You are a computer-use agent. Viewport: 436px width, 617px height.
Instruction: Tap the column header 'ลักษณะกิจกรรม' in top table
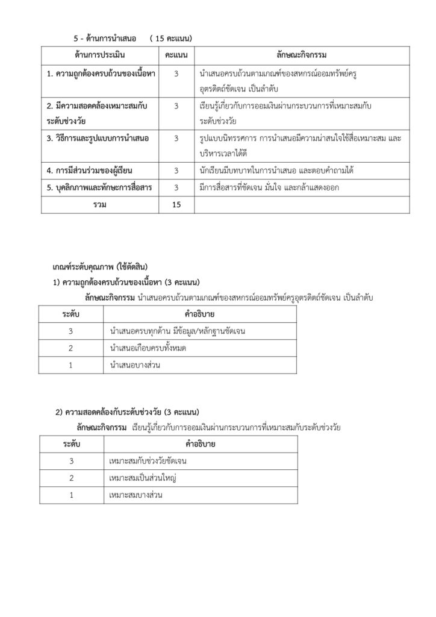click(302, 55)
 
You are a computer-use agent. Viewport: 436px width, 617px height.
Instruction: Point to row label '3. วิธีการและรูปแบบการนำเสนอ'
click(98, 139)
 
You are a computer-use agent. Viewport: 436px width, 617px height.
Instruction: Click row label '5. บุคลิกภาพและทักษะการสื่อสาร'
click(99, 188)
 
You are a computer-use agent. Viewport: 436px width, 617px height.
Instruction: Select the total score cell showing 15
click(176, 205)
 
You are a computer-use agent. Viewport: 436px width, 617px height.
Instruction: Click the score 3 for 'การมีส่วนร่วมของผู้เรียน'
click(176, 171)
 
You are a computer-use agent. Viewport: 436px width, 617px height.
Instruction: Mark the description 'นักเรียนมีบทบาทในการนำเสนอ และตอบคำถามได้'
click(276, 171)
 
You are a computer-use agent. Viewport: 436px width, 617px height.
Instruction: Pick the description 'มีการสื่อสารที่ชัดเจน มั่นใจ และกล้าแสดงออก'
click(269, 188)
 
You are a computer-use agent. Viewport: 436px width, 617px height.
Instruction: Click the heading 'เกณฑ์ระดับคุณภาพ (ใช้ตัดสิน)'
click(100, 266)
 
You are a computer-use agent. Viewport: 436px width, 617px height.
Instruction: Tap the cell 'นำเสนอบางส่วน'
click(135, 365)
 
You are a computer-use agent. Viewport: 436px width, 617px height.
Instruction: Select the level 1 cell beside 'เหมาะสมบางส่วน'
click(71, 495)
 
